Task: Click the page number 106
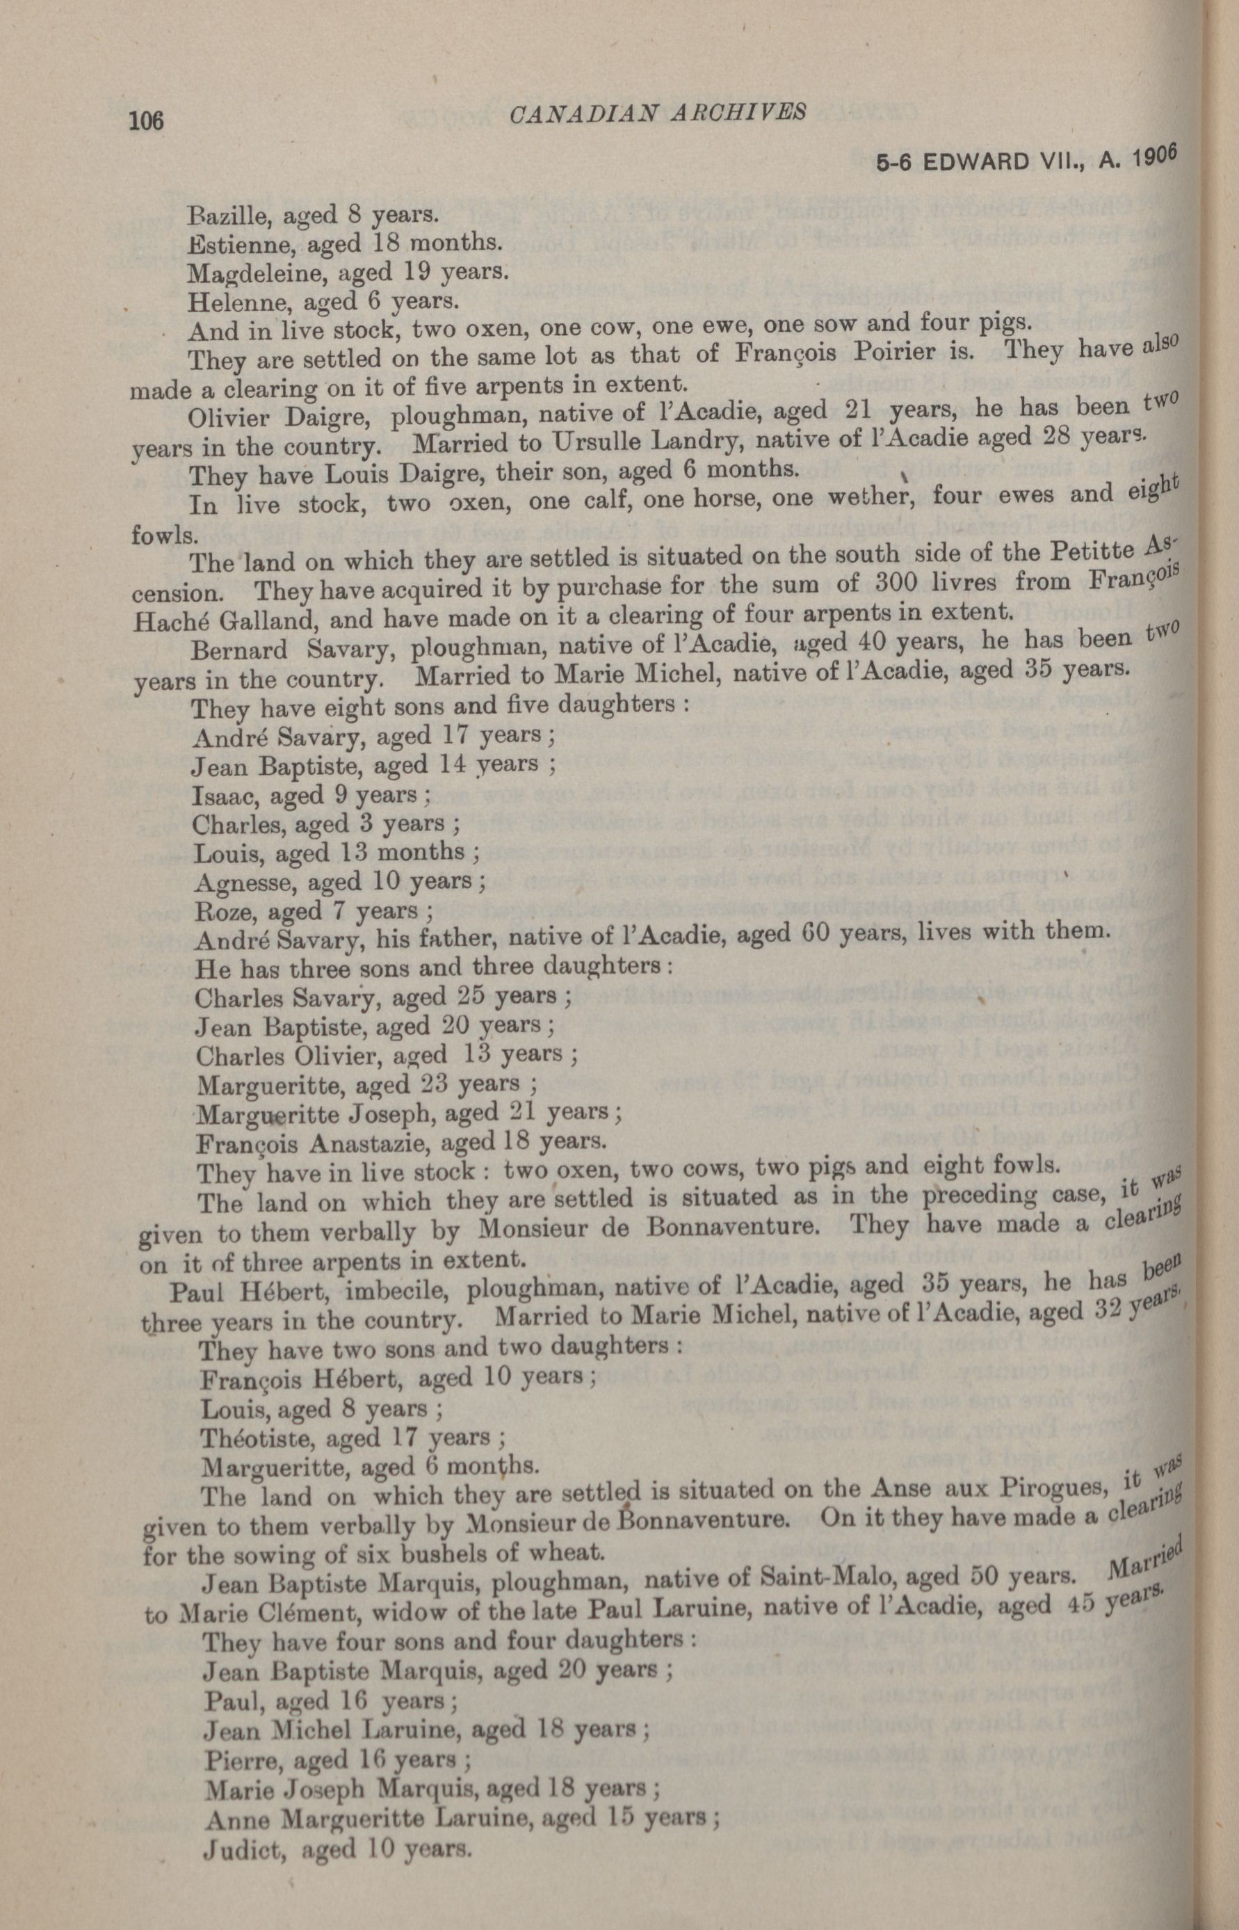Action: point(145,121)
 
